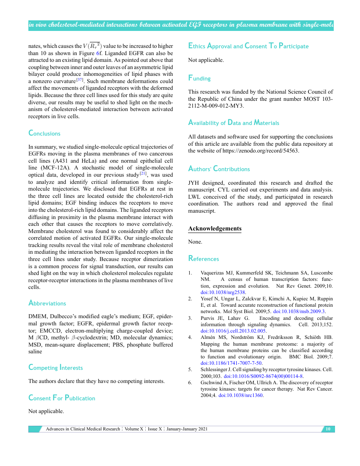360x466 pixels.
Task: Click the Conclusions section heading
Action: [x=44, y=133]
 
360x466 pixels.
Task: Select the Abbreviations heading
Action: [x=47, y=303]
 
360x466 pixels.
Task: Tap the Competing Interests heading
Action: [x=55, y=368]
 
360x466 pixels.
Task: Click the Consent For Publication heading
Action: [x=62, y=398]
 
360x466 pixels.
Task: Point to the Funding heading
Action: [x=199, y=78]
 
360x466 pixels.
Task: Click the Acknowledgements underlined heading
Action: [x=215, y=229]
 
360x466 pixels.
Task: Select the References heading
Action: [x=203, y=259]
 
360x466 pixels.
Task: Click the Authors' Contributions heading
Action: [x=219, y=169]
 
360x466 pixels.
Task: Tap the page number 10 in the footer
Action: [x=327, y=429]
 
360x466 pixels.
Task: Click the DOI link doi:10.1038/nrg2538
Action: [x=223, y=292]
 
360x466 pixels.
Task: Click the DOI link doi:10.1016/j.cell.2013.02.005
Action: [x=233, y=331]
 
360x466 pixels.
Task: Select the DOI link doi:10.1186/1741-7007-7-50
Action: [x=231, y=363]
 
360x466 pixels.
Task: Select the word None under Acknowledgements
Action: [x=195, y=242]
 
